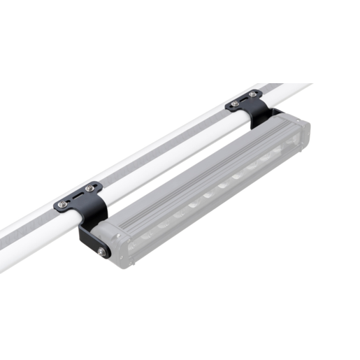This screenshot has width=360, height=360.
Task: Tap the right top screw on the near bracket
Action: pos(89,188)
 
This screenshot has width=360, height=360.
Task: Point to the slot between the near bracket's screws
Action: pos(76,196)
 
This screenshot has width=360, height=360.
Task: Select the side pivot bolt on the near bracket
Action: pos(103,250)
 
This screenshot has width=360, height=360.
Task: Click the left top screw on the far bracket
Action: pos(236,103)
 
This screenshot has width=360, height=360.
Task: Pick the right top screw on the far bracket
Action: pos(252,94)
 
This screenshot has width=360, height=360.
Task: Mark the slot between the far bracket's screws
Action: pos(244,99)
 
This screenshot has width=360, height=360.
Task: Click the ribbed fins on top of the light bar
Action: pos(210,168)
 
